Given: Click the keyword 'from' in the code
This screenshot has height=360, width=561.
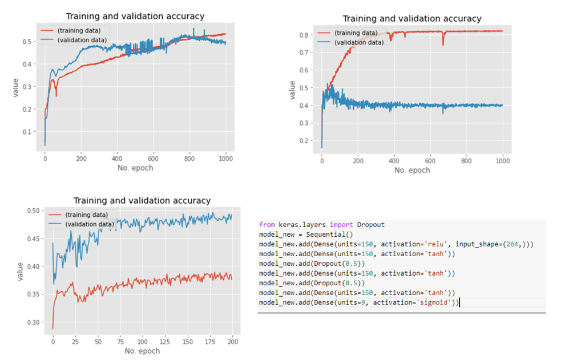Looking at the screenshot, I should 267,225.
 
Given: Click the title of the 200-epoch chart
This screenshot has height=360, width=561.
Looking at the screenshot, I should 142,201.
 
